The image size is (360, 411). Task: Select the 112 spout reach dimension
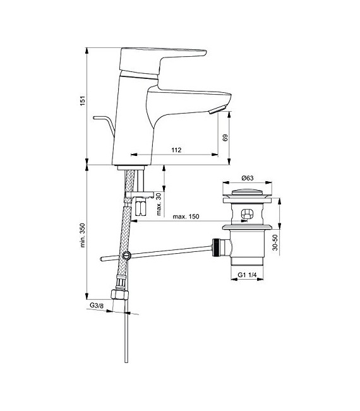coord(176,150)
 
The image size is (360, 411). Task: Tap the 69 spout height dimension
coord(225,138)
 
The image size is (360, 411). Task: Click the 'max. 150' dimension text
coord(187,217)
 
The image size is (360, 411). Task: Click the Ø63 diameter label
coord(246,178)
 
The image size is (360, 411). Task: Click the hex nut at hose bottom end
coord(117,295)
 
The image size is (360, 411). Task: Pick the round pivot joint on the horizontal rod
coord(128,256)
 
